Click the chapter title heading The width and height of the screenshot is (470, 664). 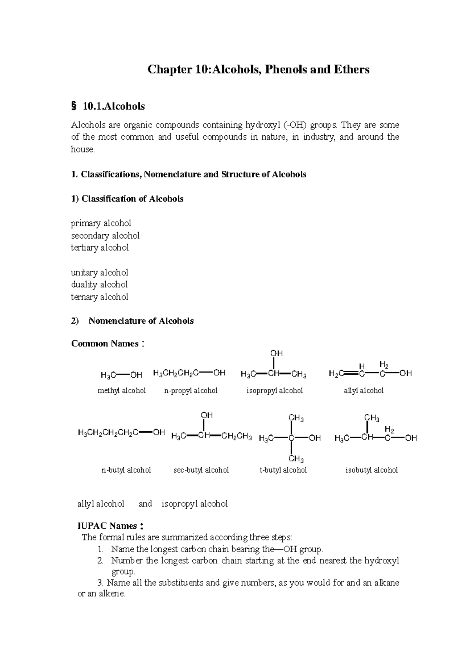point(258,70)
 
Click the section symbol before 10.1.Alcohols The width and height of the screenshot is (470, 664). point(73,106)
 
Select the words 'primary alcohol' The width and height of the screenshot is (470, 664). point(101,223)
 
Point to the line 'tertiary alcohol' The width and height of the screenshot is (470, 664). point(99,248)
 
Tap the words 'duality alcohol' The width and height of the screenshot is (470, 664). point(99,284)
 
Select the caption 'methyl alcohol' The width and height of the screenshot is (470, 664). point(121,391)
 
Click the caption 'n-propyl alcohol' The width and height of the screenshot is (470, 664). point(191,391)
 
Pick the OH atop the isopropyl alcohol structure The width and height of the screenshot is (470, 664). point(276,354)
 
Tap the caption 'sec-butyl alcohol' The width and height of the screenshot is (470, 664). point(201,470)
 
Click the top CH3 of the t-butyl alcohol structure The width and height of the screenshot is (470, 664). point(296,418)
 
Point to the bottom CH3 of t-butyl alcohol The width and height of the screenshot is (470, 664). point(296,459)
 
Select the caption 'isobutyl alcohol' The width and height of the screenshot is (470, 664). point(371,470)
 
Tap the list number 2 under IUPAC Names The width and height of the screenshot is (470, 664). point(100,560)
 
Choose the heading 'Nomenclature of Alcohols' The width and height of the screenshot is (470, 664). point(141,321)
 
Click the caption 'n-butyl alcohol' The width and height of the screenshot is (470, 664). point(126,470)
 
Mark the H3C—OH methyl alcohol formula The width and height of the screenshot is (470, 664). point(121,375)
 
